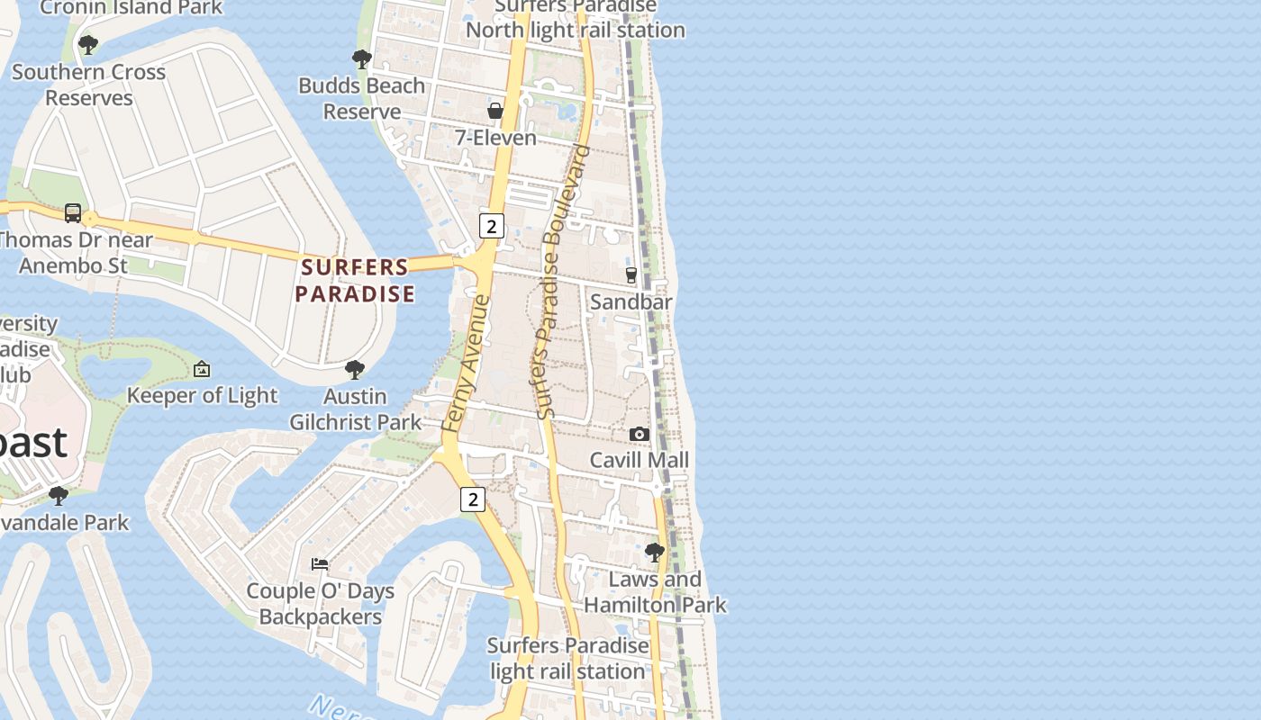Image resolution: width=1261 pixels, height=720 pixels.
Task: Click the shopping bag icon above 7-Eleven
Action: (495, 111)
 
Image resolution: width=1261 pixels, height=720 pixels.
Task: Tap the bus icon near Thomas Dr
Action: (73, 213)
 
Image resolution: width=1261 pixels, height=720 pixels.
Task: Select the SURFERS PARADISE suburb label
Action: (355, 280)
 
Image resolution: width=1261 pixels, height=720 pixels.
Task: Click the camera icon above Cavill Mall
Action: (640, 434)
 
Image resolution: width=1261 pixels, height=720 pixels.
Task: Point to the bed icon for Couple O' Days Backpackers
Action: (320, 564)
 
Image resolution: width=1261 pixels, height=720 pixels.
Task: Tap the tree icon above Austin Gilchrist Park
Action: (355, 369)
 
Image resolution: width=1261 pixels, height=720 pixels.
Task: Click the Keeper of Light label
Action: (203, 395)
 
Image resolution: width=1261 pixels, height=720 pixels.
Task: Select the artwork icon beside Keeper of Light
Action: (202, 369)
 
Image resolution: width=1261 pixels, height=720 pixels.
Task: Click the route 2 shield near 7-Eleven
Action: (491, 226)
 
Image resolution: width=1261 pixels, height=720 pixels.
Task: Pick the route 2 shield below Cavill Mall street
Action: (472, 499)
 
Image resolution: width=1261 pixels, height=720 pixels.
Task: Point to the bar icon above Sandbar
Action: (631, 274)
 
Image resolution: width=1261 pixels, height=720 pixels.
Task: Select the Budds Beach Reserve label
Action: (362, 98)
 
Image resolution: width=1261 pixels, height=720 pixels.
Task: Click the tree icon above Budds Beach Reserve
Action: (362, 59)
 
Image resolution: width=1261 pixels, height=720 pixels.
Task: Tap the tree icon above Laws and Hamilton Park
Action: (655, 552)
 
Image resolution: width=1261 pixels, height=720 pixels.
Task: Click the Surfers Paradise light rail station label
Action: (567, 658)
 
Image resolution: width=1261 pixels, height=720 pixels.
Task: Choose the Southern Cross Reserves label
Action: (88, 85)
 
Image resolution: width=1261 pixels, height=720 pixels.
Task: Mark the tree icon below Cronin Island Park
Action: (88, 44)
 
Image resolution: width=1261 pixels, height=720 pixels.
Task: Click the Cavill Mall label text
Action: (639, 460)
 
